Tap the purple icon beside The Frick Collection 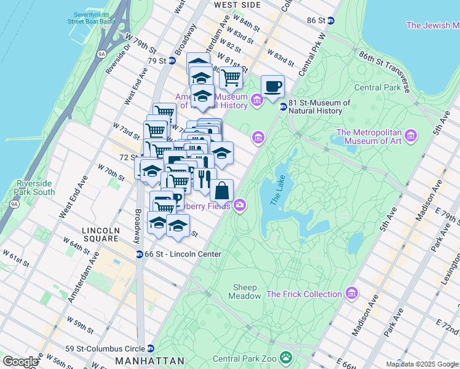pyautogui.click(x=351, y=294)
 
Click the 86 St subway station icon pyautogui.click(x=331, y=20)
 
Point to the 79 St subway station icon pyautogui.click(x=172, y=61)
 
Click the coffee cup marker pyautogui.click(x=272, y=86)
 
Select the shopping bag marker pyautogui.click(x=222, y=190)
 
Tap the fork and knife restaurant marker pyautogui.click(x=205, y=179)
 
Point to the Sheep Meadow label pyautogui.click(x=245, y=292)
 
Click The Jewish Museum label pyautogui.click(x=432, y=25)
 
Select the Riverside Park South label pyautogui.click(x=36, y=188)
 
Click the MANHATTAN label pyautogui.click(x=149, y=360)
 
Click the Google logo pyautogui.click(x=20, y=362)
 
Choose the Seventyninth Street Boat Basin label pyautogui.click(x=93, y=18)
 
